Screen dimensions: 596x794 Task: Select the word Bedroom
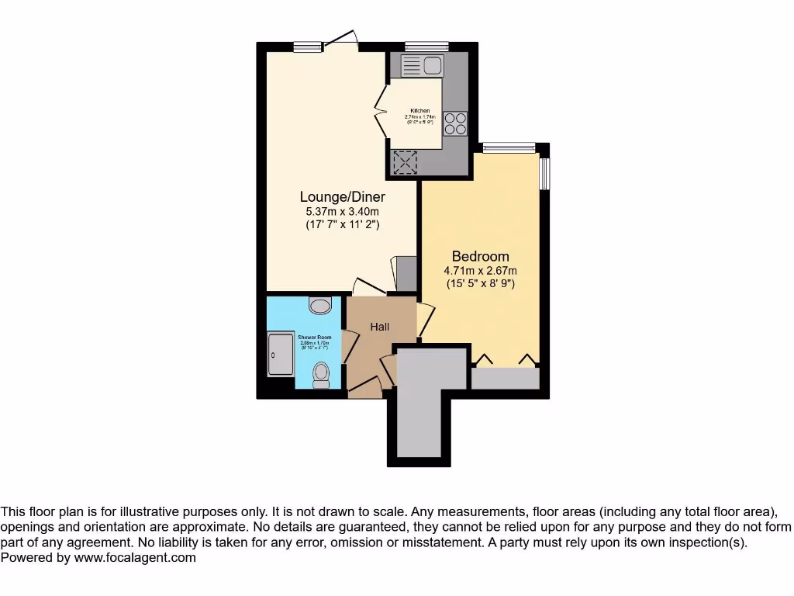480,256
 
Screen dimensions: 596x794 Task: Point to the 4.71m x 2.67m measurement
480,270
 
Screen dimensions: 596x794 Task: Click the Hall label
380,327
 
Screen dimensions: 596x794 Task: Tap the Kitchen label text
419,111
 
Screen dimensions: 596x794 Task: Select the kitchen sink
422,66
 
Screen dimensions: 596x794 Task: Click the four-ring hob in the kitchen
455,124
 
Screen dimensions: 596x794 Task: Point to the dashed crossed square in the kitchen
405,162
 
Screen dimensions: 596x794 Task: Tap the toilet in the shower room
321,376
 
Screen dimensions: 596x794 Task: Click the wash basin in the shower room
319,305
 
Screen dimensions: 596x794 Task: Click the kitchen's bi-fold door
381,113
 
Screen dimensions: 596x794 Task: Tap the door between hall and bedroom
425,320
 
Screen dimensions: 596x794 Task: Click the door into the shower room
348,346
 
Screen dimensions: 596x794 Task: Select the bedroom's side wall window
544,173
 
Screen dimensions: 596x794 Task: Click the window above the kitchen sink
426,46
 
